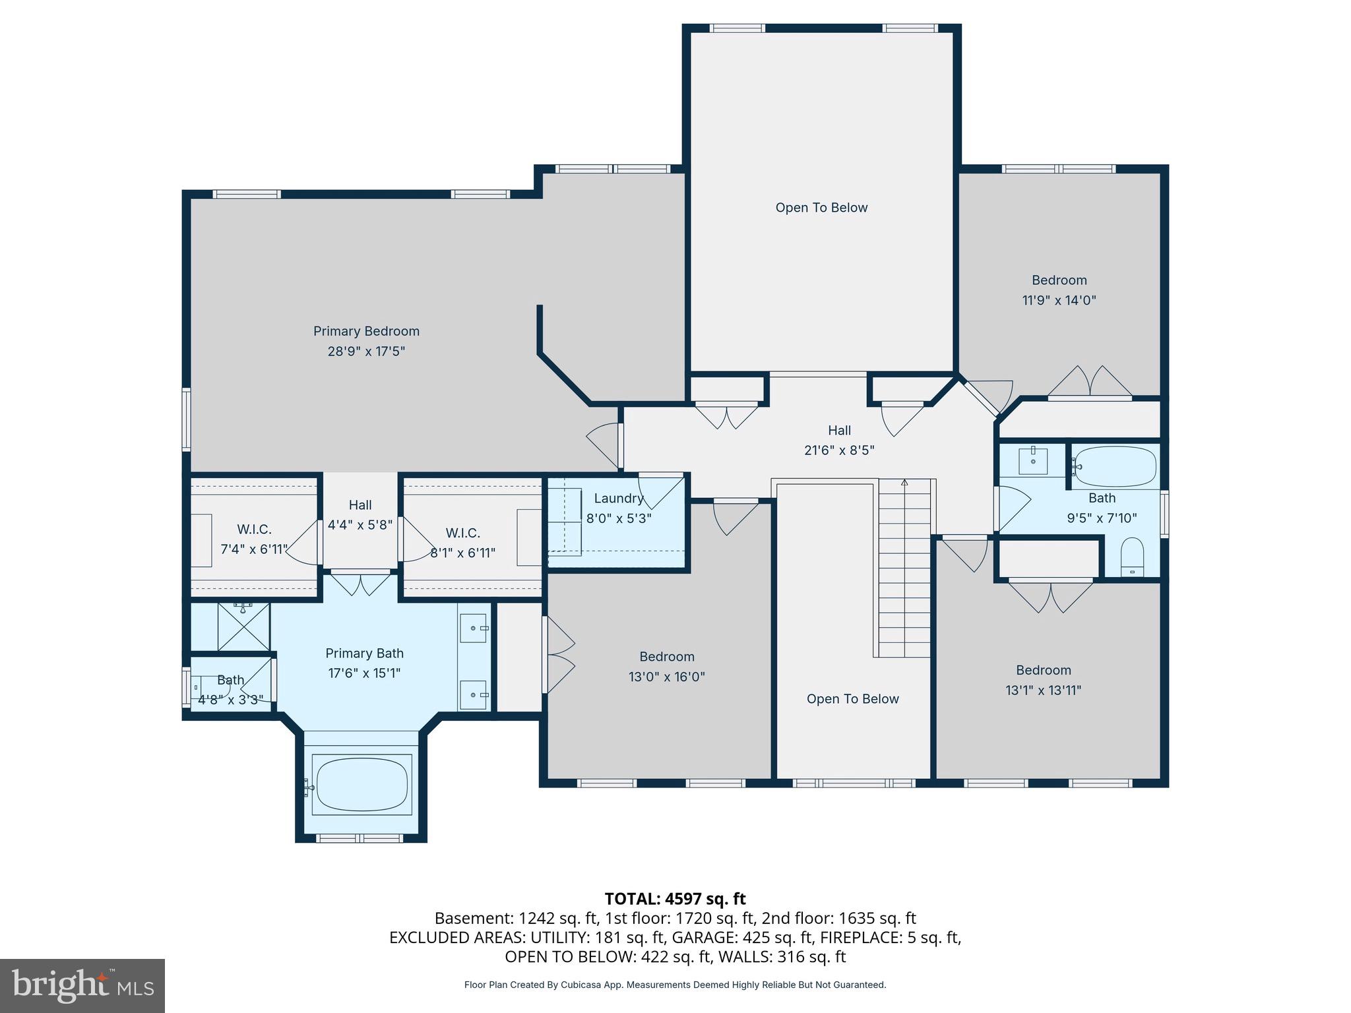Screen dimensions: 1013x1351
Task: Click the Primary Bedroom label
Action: tap(366, 331)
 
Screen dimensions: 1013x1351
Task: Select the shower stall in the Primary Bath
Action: tap(243, 627)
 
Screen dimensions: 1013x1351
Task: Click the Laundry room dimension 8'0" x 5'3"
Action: tap(619, 518)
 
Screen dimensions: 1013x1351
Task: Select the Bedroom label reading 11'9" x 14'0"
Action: tap(1059, 290)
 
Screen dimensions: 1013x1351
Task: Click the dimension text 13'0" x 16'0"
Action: tap(666, 677)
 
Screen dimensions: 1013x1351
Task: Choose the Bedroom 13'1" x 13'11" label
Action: tap(1043, 680)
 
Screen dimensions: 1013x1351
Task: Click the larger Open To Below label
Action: tap(821, 208)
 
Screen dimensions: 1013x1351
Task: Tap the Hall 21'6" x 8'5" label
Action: tap(839, 440)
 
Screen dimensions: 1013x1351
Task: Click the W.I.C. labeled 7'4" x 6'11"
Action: tap(254, 539)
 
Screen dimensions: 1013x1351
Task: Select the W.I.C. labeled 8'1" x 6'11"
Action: tap(462, 542)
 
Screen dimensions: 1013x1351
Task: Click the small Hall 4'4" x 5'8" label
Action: tap(360, 514)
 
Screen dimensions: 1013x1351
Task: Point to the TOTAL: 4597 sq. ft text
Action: tap(675, 898)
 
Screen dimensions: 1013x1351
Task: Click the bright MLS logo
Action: tap(82, 985)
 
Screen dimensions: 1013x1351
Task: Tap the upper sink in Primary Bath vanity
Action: tap(474, 628)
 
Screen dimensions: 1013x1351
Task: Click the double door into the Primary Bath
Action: tap(360, 583)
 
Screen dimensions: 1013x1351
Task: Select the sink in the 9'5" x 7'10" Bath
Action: tap(1032, 460)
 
